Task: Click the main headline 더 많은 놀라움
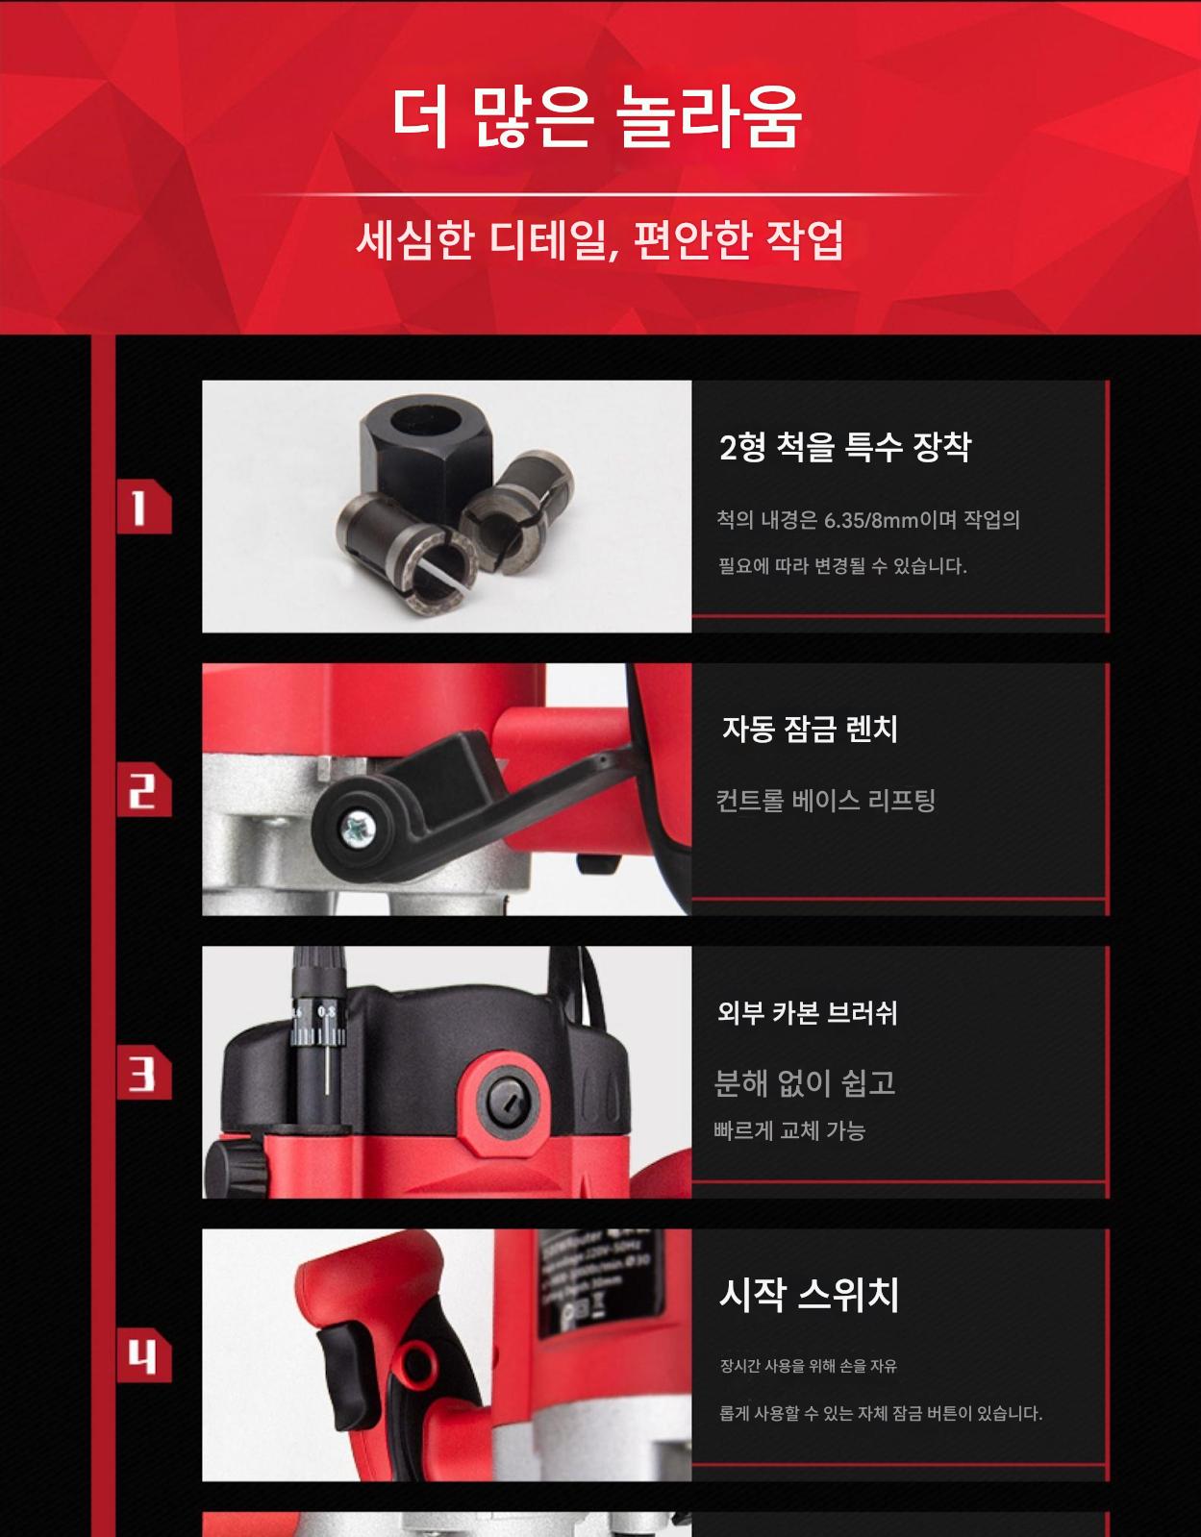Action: (598, 117)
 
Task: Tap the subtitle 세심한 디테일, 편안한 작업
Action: (600, 240)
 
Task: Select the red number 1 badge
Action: (143, 506)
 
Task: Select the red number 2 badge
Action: (143, 789)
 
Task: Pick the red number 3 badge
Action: (143, 1073)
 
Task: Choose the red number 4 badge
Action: (143, 1355)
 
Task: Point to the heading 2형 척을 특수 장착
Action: (845, 447)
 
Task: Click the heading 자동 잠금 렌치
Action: (810, 729)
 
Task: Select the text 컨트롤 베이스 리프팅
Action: (825, 801)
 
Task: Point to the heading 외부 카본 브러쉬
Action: (807, 1013)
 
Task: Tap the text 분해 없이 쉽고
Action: (805, 1082)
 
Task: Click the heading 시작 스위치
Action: (809, 1295)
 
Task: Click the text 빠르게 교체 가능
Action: (789, 1130)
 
